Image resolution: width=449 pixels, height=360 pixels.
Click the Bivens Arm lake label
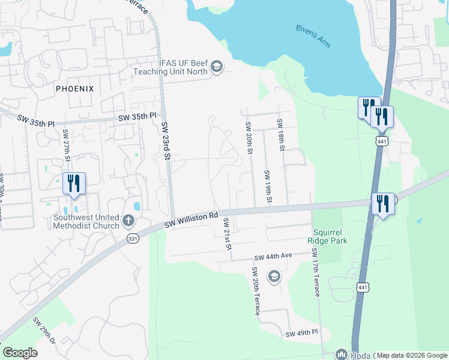[313, 36]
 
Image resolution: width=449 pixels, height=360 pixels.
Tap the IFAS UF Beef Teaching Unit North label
[172, 66]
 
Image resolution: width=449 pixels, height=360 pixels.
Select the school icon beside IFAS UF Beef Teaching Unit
[217, 67]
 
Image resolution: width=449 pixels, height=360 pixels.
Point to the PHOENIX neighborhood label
[74, 88]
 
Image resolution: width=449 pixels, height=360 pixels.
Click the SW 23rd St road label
[166, 141]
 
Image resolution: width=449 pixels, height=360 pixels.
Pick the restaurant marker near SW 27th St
[74, 183]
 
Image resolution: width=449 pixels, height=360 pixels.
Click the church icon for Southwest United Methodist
[128, 221]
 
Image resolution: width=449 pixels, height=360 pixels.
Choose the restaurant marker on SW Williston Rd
[382, 203]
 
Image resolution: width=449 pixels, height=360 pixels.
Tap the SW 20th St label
[247, 137]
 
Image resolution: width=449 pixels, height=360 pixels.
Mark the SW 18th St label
[280, 134]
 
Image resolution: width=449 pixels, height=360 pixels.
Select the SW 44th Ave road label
[273, 256]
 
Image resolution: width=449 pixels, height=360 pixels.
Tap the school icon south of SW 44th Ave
[274, 276]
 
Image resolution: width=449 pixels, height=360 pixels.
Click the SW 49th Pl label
[301, 334]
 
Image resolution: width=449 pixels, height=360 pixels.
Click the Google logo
[20, 353]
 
